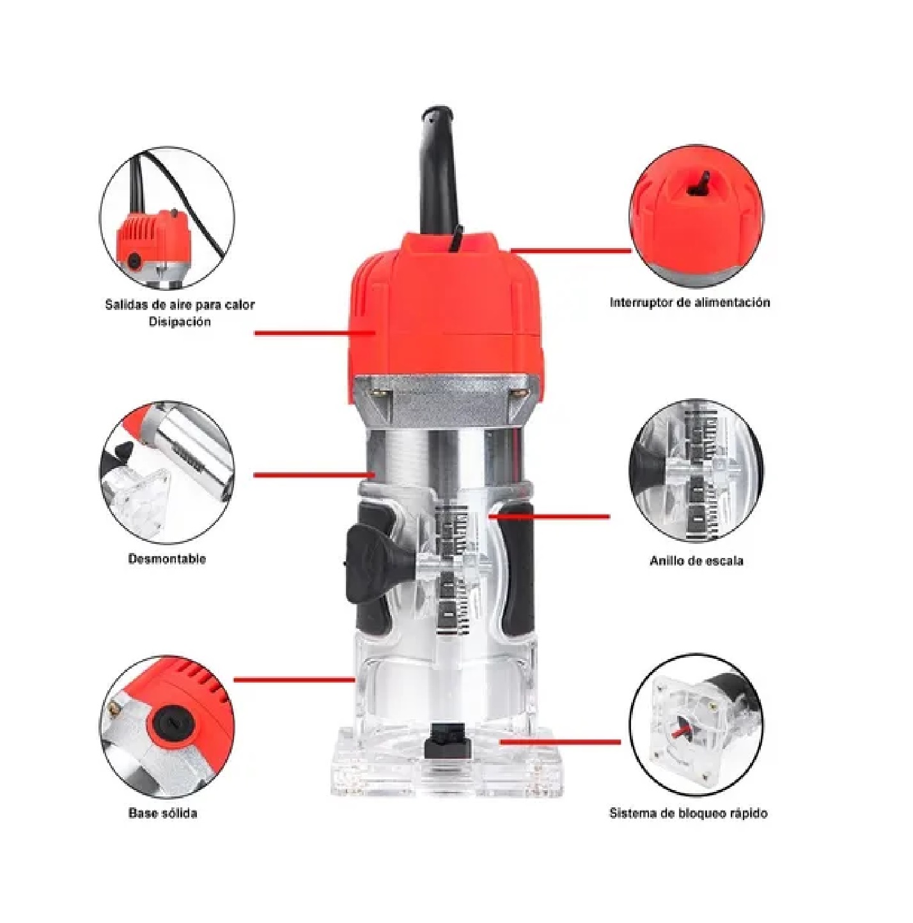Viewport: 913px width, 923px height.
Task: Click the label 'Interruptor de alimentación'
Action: point(689,302)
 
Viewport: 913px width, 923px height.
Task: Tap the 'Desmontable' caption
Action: point(167,559)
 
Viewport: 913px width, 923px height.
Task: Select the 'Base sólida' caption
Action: point(162,814)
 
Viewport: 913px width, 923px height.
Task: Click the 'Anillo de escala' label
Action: point(696,561)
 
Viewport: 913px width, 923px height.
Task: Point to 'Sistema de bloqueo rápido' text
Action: point(688,814)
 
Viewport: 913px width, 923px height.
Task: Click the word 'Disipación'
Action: point(180,322)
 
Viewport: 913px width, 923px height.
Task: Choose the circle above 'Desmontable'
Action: point(168,470)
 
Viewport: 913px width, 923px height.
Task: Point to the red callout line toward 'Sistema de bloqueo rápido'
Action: point(560,742)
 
